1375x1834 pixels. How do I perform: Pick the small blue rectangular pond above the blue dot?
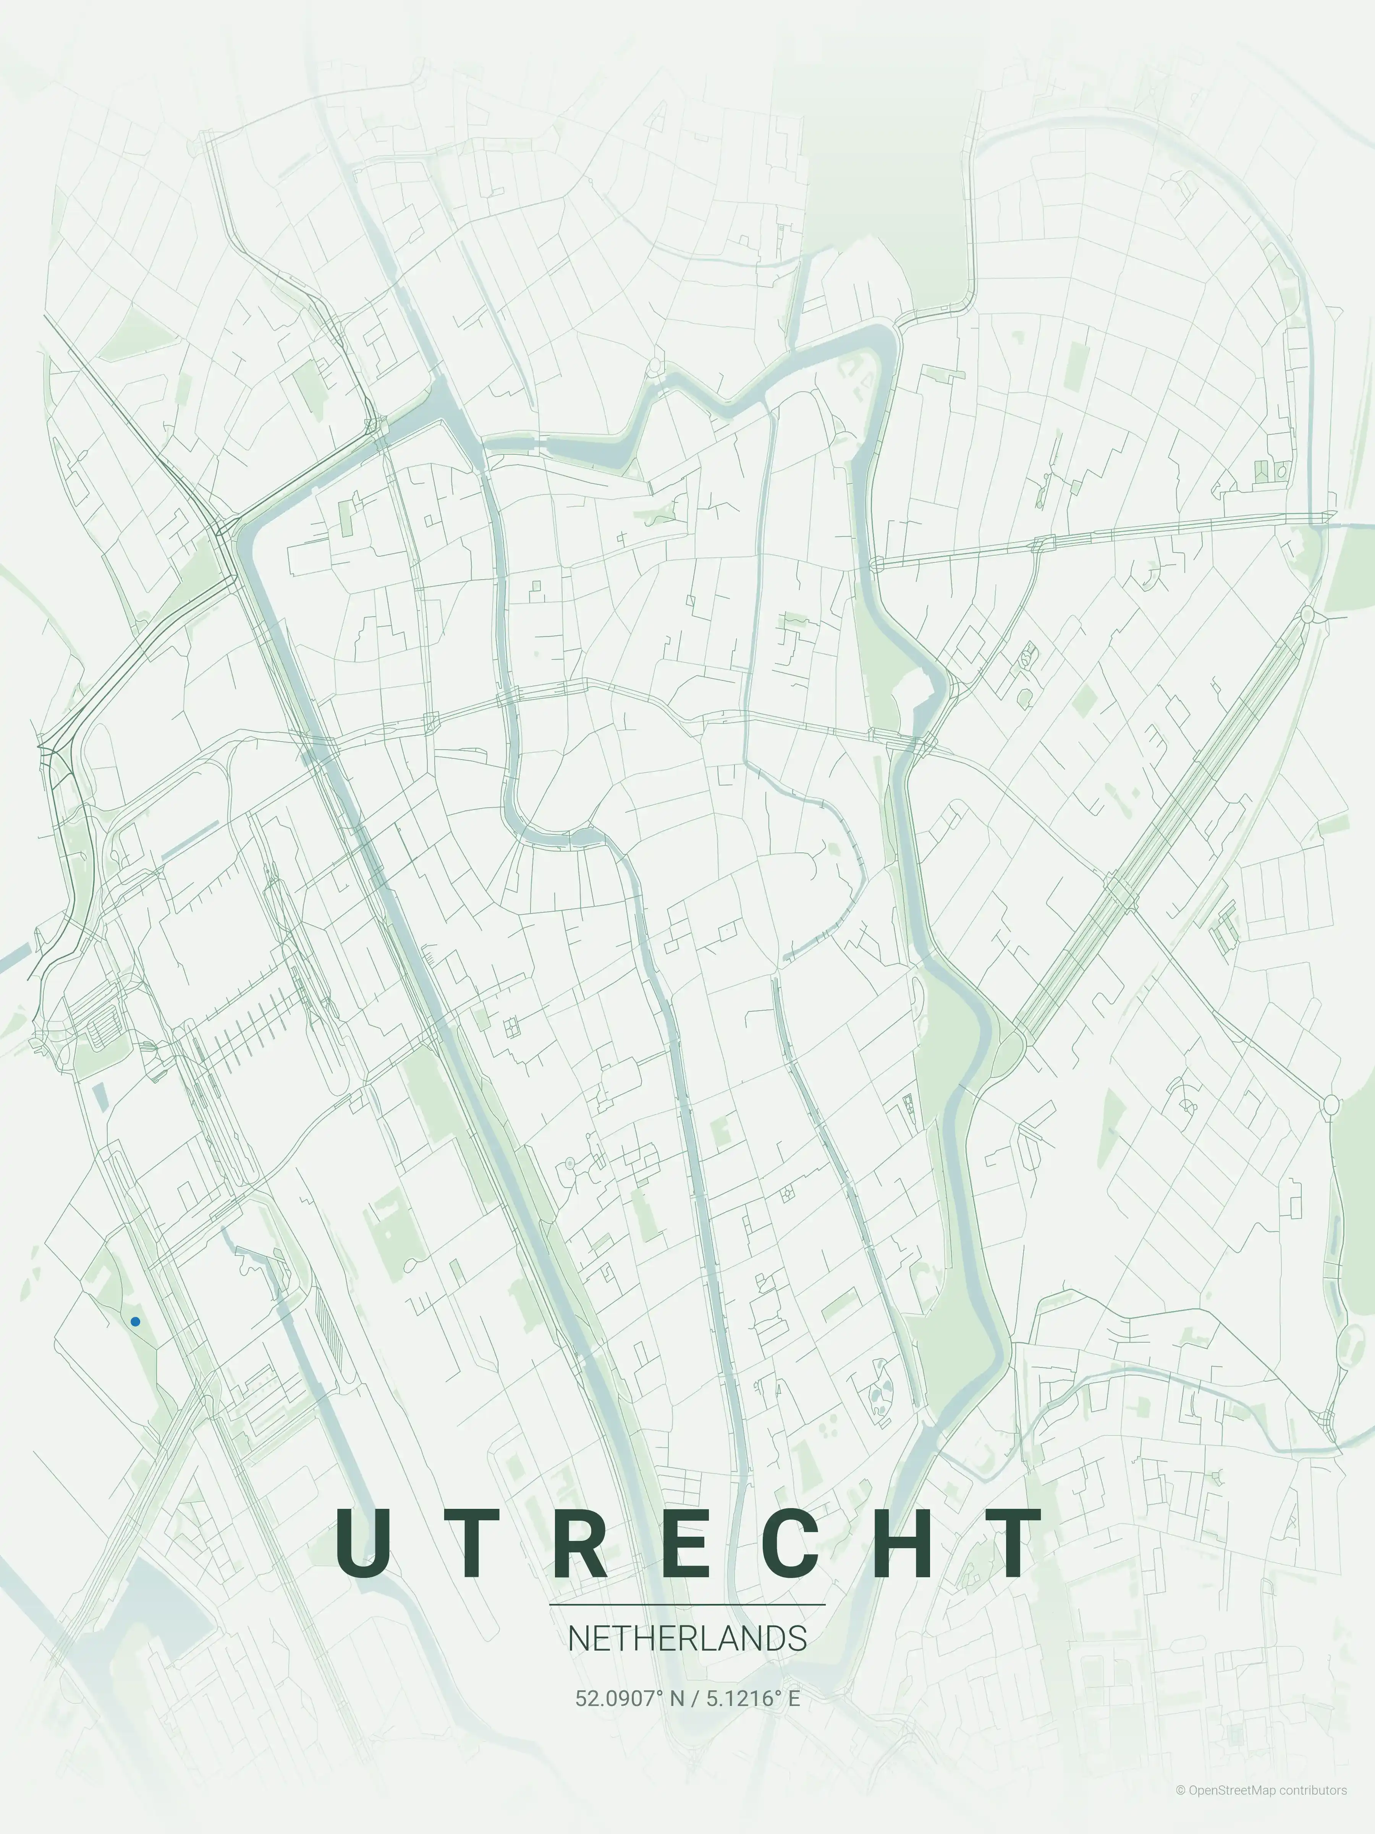coord(99,1097)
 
